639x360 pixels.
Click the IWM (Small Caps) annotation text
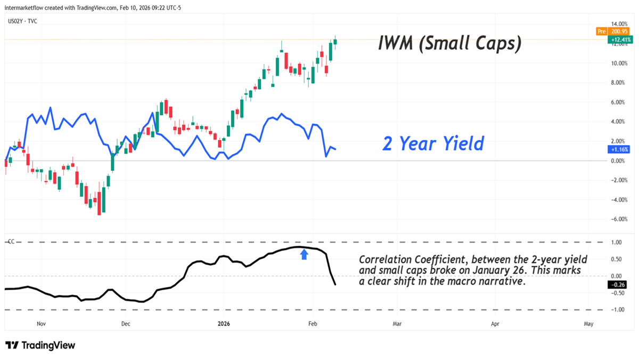(449, 43)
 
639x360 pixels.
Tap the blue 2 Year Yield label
(433, 143)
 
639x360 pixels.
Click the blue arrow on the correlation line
(304, 255)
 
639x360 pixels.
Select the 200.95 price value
(621, 31)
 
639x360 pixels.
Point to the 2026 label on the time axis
(224, 324)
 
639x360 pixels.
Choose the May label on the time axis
(588, 324)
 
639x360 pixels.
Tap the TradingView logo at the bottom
(40, 345)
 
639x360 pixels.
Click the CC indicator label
(10, 242)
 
